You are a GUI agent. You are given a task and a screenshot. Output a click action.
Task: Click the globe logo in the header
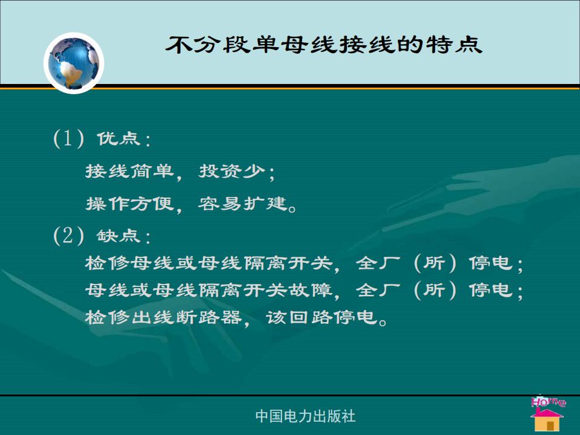(74, 63)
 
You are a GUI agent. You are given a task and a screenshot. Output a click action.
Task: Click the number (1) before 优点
(69, 139)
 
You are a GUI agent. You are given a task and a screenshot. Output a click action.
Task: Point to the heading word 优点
(119, 139)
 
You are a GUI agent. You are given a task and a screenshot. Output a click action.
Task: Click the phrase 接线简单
(129, 171)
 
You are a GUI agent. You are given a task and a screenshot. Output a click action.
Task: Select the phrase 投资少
(232, 171)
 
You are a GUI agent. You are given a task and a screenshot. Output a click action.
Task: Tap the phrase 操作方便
(129, 204)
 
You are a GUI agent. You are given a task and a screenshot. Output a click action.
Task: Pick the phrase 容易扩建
(243, 204)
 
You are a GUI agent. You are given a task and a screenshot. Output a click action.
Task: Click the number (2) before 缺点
(69, 236)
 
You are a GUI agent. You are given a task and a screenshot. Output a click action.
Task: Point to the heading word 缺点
(119, 236)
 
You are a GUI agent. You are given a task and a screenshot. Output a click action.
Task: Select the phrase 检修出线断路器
(163, 317)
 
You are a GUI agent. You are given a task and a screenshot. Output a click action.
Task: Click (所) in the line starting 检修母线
(434, 263)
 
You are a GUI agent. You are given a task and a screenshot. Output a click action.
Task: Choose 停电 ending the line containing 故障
(491, 289)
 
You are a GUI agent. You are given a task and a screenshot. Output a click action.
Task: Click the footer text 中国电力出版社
(305, 416)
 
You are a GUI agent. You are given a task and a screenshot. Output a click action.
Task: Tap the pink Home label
(548, 402)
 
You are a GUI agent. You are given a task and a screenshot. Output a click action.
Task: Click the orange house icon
(547, 420)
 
